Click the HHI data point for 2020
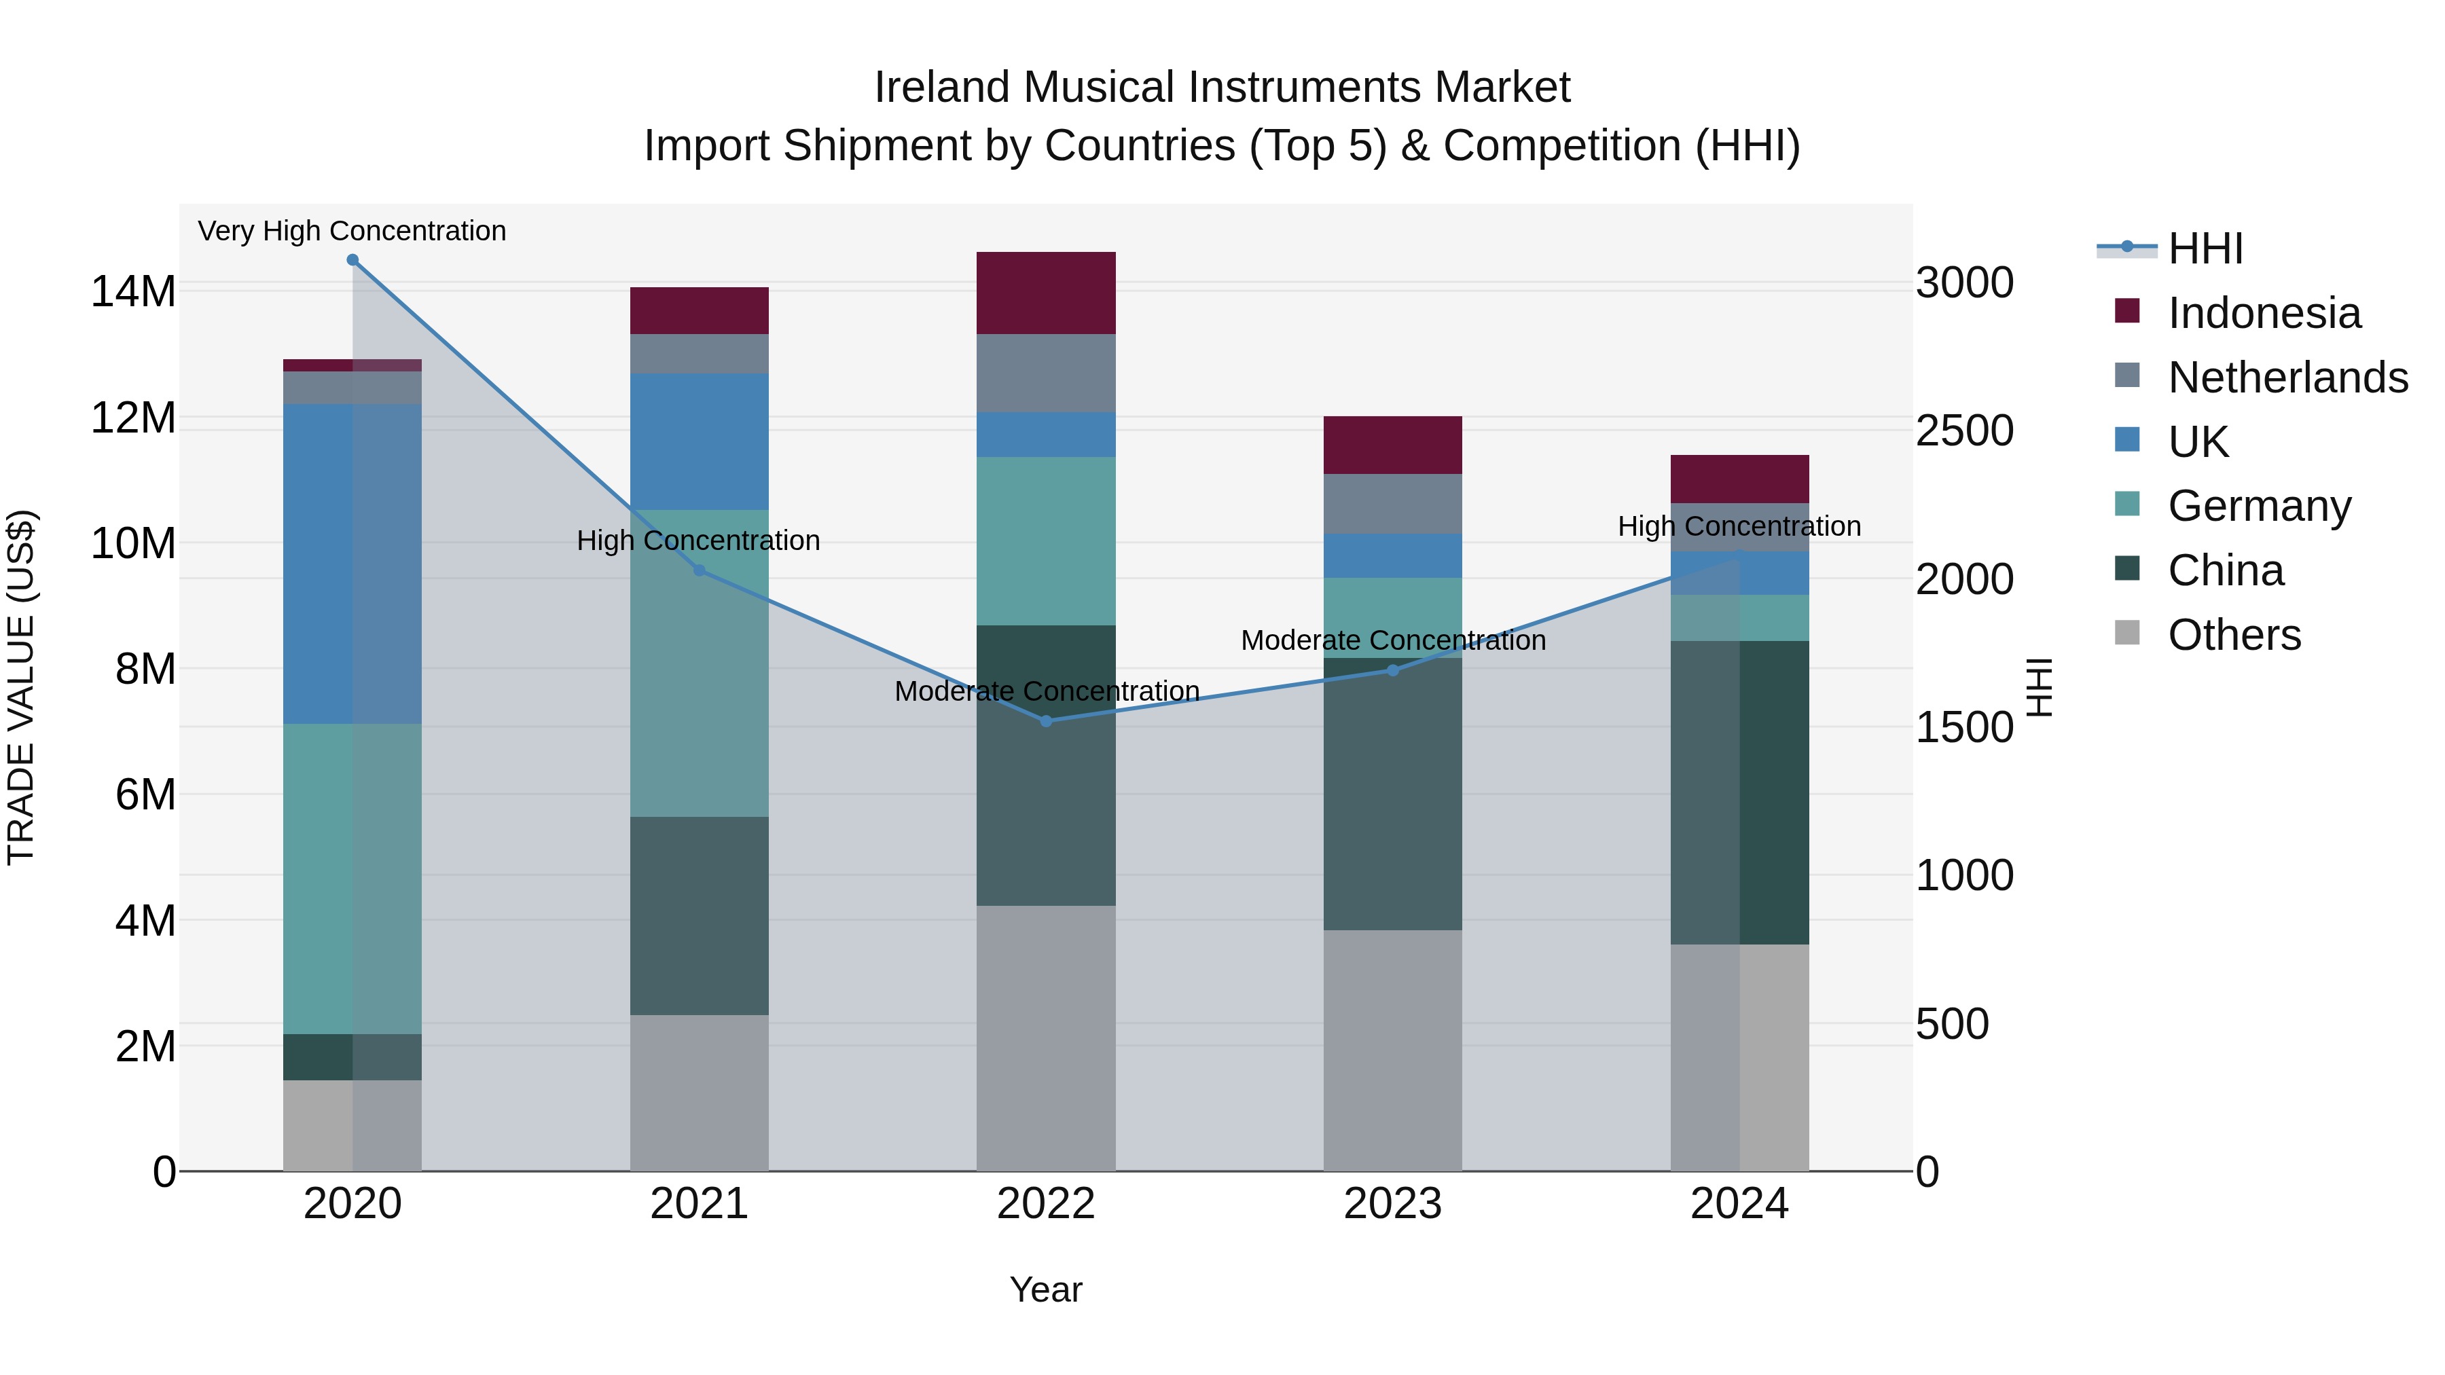pyautogui.click(x=352, y=260)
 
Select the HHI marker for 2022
pyautogui.click(x=1046, y=721)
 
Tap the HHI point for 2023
pyautogui.click(x=1392, y=671)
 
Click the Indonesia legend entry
pyautogui.click(x=2264, y=313)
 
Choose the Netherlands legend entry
pyautogui.click(x=2287, y=378)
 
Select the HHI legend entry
pyautogui.click(x=2205, y=249)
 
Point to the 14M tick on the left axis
pyautogui.click(x=133, y=291)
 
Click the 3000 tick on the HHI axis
pyautogui.click(x=1963, y=282)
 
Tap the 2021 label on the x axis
pyautogui.click(x=699, y=1204)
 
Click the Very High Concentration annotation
pyautogui.click(x=352, y=232)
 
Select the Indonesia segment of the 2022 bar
pyautogui.click(x=1046, y=293)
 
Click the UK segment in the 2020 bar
pyautogui.click(x=352, y=564)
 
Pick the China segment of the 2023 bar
pyautogui.click(x=1392, y=793)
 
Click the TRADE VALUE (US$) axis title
pyautogui.click(x=21, y=687)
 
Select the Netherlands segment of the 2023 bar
pyautogui.click(x=1392, y=504)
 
